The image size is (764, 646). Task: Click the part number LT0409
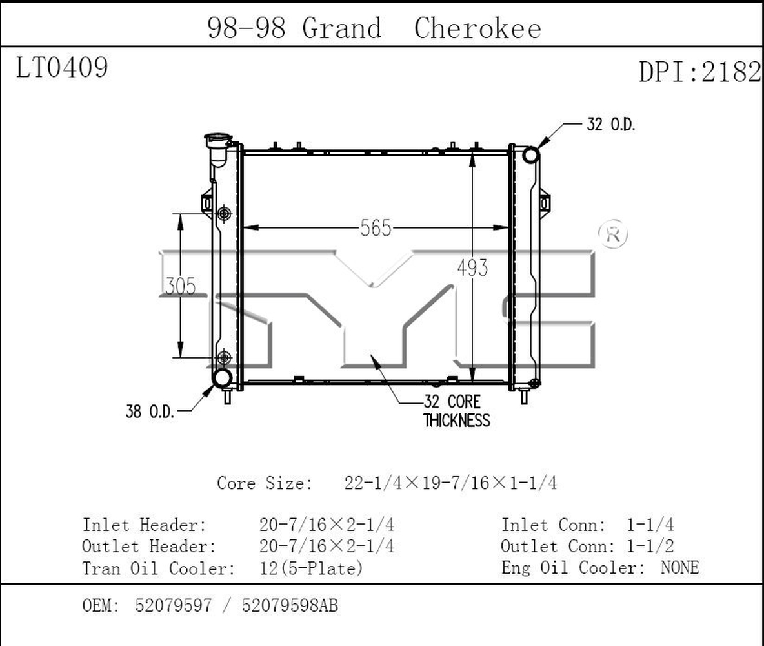pyautogui.click(x=62, y=67)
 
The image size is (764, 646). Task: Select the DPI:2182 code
pyautogui.click(x=700, y=72)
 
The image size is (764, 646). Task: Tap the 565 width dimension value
pyautogui.click(x=376, y=228)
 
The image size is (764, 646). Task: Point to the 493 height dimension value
pyautogui.click(x=472, y=267)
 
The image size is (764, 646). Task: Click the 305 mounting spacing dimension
pyautogui.click(x=181, y=286)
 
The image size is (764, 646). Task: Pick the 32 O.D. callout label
pyautogui.click(x=611, y=125)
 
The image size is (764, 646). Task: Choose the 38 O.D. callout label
pyautogui.click(x=150, y=412)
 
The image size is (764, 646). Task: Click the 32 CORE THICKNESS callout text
pyautogui.click(x=457, y=411)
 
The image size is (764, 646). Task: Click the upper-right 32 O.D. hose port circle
pyautogui.click(x=530, y=155)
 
